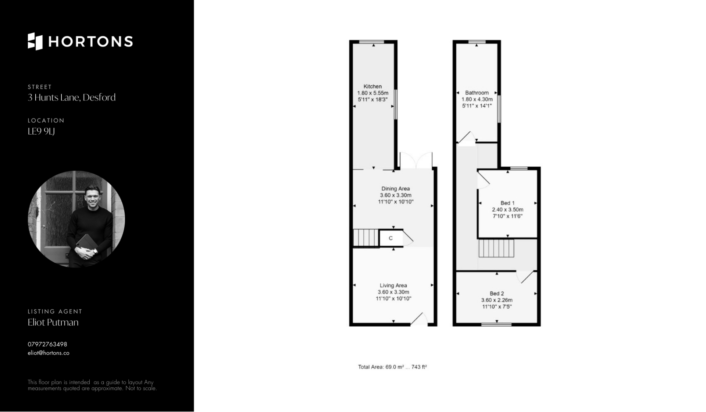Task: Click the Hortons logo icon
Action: pos(35,41)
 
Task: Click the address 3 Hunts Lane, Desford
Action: pos(72,97)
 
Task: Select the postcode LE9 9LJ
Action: pos(41,131)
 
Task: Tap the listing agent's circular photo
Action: pos(76,219)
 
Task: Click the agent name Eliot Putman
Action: pos(53,322)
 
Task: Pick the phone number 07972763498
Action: pos(47,344)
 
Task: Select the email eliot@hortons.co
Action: pos(49,353)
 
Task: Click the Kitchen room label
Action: pos(372,86)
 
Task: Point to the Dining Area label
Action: pos(396,189)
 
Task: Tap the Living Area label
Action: pos(393,285)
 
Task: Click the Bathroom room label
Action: pos(477,93)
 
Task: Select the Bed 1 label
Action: pos(507,203)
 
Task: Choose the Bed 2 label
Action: pos(497,294)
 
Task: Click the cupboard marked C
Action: pos(391,238)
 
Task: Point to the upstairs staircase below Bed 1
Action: pos(496,248)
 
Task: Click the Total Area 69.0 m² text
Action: pos(392,367)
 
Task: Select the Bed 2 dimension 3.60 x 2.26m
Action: pos(497,300)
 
